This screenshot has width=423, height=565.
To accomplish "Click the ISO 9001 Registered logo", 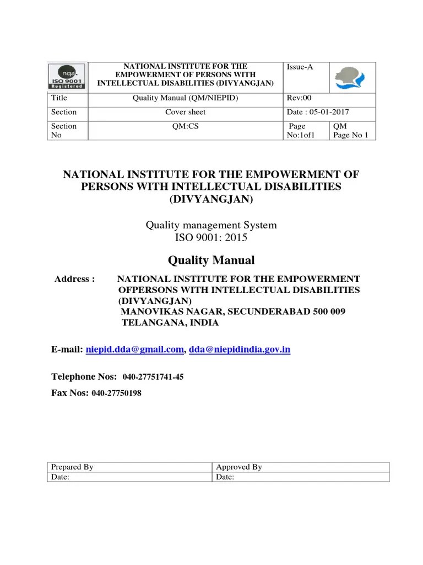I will point(67,77).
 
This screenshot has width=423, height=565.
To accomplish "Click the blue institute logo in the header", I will point(351,78).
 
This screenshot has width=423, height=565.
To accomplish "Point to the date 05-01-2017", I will point(330,112).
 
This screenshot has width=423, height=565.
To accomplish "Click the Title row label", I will point(58,98).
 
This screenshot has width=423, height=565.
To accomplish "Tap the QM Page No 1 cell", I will point(351,131).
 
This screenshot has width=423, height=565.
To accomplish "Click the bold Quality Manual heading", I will point(211,260).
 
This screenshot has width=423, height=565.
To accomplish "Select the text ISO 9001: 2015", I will point(211,238).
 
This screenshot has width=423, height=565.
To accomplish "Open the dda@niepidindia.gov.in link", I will point(240,349).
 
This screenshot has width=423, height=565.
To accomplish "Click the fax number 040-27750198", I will point(120,393).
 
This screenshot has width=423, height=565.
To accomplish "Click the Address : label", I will point(75,279).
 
